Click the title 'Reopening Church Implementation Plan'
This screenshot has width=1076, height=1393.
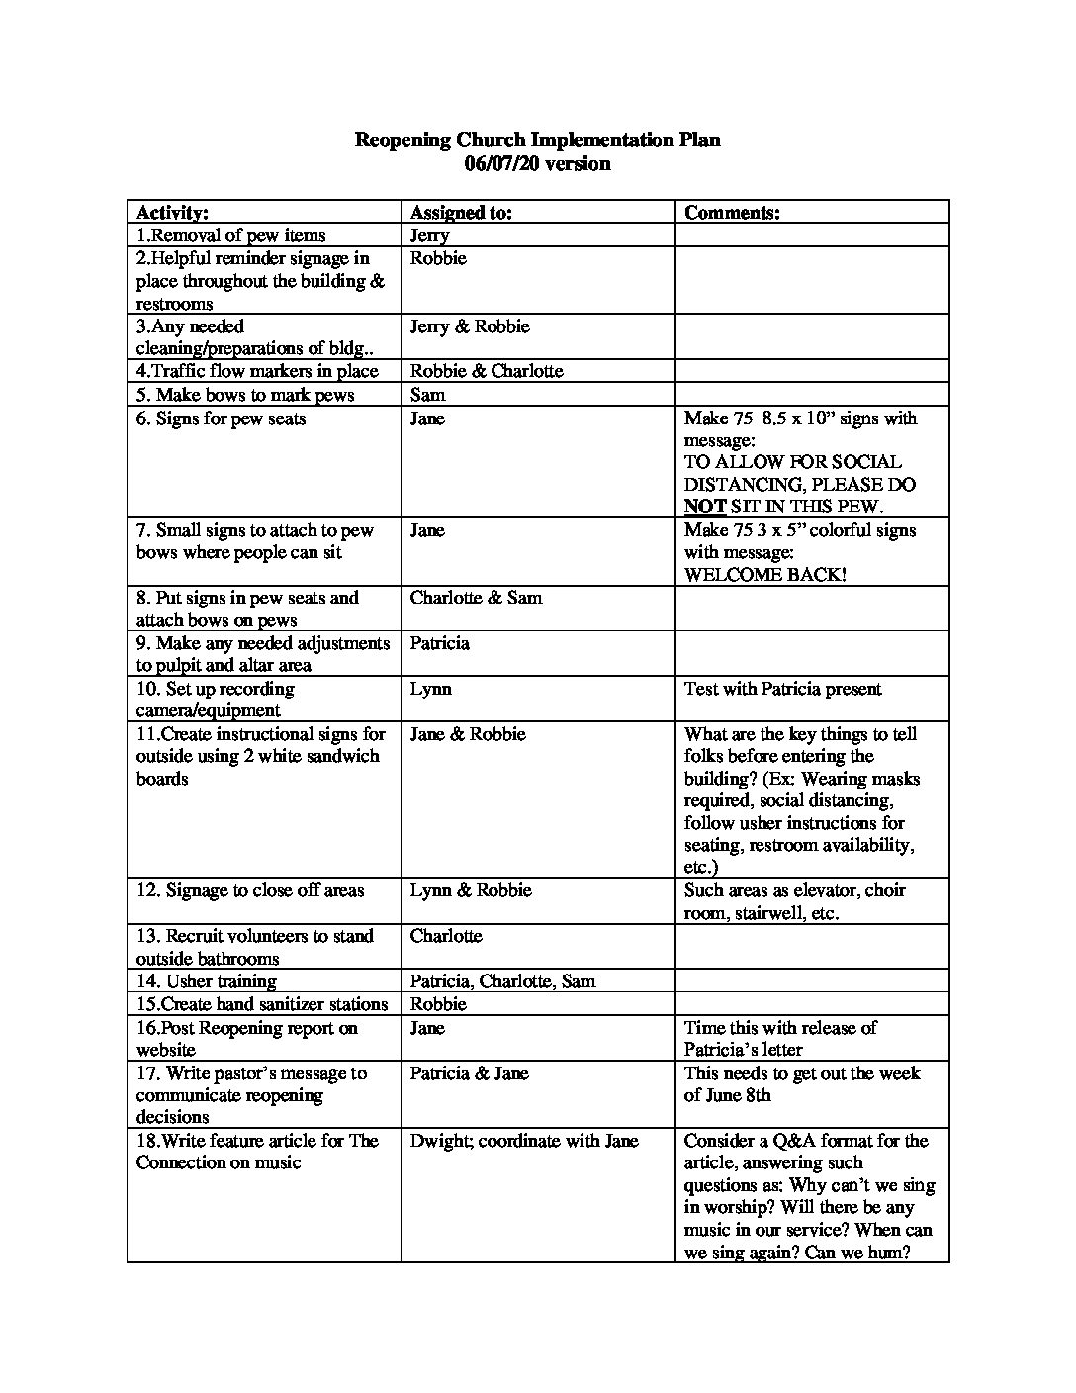click(x=537, y=140)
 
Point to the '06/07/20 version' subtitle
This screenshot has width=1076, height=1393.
click(x=537, y=164)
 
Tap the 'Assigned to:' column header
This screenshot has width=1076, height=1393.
click(x=461, y=212)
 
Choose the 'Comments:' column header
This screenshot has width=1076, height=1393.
click(x=732, y=212)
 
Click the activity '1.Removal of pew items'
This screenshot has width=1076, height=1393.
click(x=230, y=235)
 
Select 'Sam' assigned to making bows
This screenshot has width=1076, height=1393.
click(x=427, y=395)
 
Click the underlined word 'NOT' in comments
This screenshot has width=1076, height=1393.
click(x=705, y=507)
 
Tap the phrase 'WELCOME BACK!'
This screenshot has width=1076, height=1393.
click(x=764, y=575)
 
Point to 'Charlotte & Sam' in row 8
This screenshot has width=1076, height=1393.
click(x=476, y=598)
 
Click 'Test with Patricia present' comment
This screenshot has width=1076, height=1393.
click(x=782, y=689)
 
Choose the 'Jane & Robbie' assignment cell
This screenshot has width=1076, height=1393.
click(x=468, y=734)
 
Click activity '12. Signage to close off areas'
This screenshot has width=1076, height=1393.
click(x=250, y=890)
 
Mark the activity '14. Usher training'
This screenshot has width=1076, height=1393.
click(x=206, y=981)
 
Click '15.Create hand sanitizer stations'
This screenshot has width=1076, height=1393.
click(x=262, y=1004)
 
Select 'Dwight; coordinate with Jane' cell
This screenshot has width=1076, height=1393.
click(x=524, y=1141)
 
